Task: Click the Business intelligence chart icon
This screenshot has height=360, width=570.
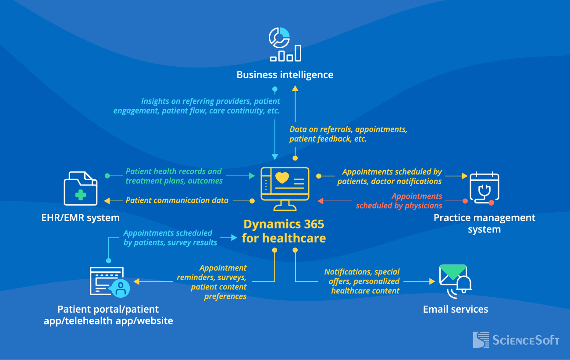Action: [285, 44]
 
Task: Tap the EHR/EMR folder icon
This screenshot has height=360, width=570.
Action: [81, 189]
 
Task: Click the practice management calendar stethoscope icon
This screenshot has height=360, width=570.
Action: [484, 188]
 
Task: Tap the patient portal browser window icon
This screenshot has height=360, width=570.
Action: [109, 282]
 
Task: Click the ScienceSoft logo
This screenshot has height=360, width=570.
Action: [516, 340]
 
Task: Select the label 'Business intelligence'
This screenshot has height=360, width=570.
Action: [285, 75]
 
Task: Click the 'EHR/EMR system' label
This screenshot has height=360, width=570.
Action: [81, 217]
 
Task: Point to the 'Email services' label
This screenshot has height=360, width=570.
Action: [455, 309]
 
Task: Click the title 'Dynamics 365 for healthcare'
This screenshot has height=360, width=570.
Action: [285, 231]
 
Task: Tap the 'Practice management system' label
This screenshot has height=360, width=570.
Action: [484, 223]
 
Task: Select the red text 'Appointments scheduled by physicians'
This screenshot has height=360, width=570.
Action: [399, 201]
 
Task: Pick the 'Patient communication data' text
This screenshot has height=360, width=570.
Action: [177, 200]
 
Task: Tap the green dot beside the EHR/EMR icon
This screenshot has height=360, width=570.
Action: [107, 176]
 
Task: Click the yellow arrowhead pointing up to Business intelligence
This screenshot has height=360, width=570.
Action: [295, 89]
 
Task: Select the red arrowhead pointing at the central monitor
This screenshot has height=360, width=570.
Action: [321, 201]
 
